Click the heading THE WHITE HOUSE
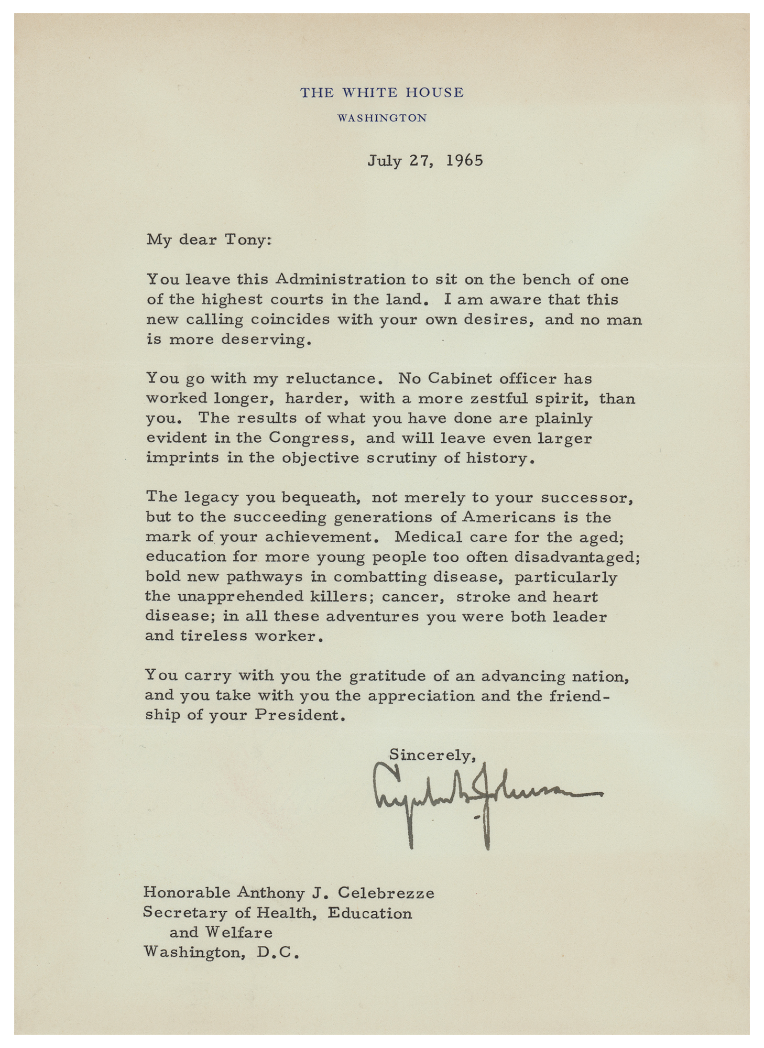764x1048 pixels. pos(381,93)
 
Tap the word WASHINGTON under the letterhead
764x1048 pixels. pos(381,118)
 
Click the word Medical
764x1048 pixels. pos(426,537)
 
